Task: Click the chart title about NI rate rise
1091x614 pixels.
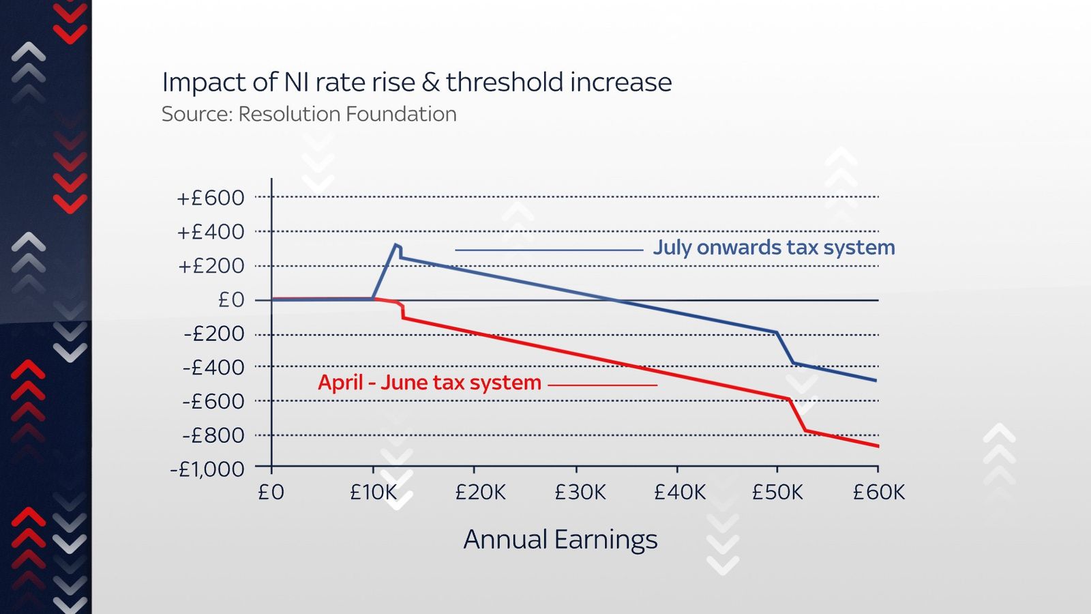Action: (417, 83)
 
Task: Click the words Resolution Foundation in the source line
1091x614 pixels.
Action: (347, 114)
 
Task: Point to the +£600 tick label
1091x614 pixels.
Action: (210, 198)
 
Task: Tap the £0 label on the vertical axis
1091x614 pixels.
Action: (230, 299)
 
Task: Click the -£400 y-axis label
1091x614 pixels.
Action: (213, 368)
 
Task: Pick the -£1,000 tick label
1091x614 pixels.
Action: (207, 469)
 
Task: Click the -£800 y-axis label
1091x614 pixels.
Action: (213, 435)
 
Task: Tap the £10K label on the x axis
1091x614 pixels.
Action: (373, 492)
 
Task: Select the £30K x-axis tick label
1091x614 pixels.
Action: (580, 492)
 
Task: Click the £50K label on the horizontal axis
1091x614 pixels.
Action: (777, 492)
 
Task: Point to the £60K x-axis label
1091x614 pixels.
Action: (878, 492)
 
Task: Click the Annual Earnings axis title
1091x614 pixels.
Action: (561, 540)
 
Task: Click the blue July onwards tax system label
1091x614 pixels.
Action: (774, 247)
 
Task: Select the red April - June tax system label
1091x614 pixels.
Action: (430, 383)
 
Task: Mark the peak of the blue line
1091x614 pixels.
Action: (395, 244)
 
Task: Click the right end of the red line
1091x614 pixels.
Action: (878, 446)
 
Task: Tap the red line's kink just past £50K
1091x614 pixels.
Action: (789, 399)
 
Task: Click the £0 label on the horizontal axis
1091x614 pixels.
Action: (271, 492)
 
